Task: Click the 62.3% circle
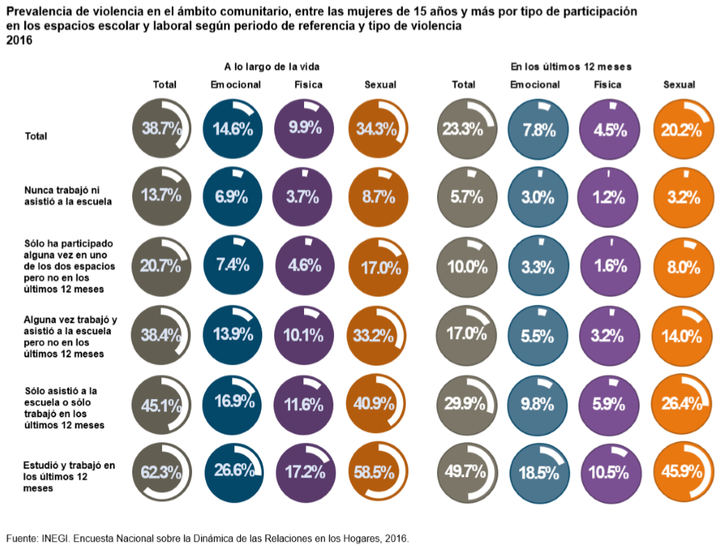[162, 473]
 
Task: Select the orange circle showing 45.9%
[685, 473]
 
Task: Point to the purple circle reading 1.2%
[608, 197]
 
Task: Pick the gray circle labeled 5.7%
[467, 197]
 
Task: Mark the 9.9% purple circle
[304, 128]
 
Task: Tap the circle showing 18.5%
[537, 473]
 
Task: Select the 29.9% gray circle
[467, 405]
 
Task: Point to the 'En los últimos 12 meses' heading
[571, 67]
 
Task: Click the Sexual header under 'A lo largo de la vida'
[380, 85]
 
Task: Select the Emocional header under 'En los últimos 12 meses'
[535, 85]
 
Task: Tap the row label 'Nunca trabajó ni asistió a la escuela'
[68, 195]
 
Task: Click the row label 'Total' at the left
[35, 136]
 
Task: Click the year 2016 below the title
[19, 40]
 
